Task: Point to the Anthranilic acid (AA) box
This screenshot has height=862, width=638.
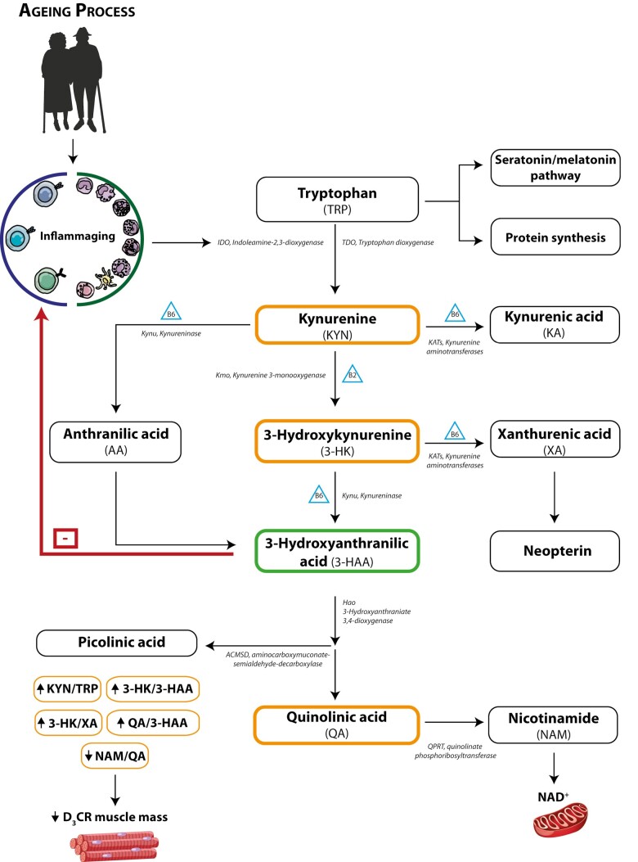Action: [x=115, y=442]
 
